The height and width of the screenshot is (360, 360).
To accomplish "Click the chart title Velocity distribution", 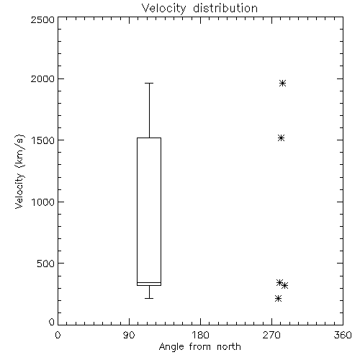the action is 199,9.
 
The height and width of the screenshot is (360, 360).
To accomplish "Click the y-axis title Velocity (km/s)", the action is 19,171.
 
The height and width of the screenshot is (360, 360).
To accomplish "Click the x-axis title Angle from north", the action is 199,347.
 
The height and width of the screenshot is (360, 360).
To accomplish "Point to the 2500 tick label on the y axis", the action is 42,19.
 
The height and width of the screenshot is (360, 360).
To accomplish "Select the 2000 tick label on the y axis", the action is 42,79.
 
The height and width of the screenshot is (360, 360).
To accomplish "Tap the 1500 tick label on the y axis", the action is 43,140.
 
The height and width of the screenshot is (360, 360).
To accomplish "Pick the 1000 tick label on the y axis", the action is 43,202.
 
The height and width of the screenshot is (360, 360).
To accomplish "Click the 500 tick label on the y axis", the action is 46,264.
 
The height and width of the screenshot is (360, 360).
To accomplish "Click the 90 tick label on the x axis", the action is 129,335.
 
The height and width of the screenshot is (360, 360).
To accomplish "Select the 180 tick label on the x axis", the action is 199,335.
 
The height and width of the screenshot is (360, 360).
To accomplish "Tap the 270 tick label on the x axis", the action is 271,335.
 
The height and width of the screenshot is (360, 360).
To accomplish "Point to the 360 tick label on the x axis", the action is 343,335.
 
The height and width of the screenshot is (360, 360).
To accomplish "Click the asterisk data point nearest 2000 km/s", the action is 282,84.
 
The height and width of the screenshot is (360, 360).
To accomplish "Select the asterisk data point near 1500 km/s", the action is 282,138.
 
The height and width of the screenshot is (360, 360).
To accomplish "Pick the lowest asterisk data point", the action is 278,299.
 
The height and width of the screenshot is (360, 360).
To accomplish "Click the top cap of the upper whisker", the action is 149,83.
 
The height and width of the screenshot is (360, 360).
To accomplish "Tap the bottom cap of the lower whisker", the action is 149,298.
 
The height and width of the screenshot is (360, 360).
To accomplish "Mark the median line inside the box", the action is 149,282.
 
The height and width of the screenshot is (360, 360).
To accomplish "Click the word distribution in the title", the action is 225,9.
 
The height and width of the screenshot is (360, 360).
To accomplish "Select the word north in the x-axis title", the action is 229,347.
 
